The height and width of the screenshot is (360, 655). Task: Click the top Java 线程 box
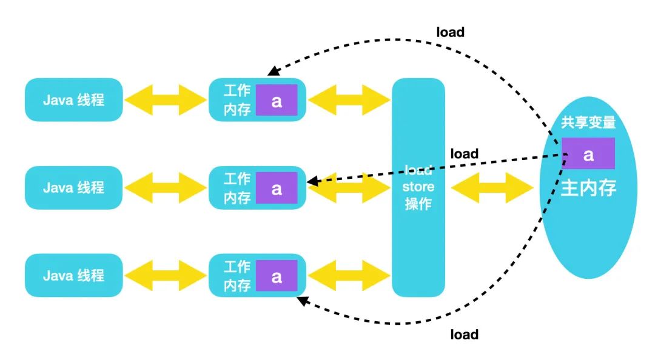tap(74, 100)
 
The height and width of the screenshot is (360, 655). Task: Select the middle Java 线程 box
tap(74, 187)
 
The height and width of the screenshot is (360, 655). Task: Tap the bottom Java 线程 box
tap(74, 275)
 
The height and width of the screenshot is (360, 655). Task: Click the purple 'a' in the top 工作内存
tap(277, 100)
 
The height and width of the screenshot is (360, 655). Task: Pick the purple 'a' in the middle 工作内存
tap(277, 188)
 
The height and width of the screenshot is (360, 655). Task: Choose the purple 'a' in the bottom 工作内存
tap(277, 276)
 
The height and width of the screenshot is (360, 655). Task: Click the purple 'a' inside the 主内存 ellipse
tap(588, 154)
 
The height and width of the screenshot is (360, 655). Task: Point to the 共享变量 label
tap(588, 122)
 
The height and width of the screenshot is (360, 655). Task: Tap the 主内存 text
tap(588, 188)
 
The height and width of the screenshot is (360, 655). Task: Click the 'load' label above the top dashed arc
tap(450, 32)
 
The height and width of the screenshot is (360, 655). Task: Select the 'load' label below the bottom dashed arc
tap(464, 335)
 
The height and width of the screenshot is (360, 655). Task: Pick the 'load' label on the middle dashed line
tap(464, 154)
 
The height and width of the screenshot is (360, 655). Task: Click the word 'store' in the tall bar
tap(418, 187)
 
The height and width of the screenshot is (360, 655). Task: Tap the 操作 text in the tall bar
tap(418, 204)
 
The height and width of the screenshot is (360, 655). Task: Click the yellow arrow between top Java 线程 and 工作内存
tap(166, 100)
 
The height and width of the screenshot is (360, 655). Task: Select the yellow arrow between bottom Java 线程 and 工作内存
tap(166, 275)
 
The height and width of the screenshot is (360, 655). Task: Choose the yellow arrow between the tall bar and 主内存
tap(492, 187)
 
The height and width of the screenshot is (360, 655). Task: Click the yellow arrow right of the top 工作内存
tap(349, 100)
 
